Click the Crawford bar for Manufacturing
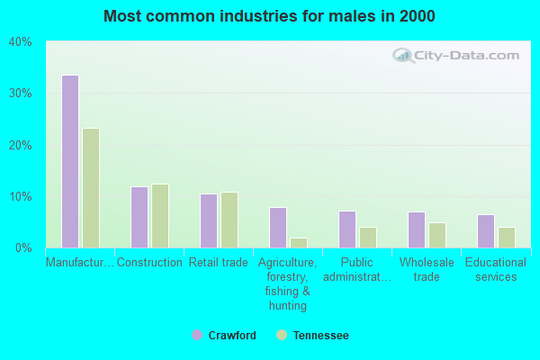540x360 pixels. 70,161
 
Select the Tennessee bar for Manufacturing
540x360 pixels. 91,188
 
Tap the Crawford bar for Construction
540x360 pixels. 139,217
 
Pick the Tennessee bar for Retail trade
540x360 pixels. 229,220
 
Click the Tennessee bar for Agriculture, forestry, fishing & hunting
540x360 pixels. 299,243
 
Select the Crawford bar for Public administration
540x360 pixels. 347,229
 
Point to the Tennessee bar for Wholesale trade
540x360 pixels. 437,235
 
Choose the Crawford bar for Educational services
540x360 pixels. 486,231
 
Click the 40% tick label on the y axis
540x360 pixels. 21,42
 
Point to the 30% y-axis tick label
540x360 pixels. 21,94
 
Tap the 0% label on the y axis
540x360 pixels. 23,248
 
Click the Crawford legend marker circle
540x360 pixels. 197,335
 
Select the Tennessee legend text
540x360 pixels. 321,335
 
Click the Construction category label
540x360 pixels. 149,263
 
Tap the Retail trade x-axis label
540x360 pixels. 219,263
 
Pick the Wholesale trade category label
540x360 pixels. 427,270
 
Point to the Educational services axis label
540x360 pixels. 496,270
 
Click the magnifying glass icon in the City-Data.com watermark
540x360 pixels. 403,56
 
